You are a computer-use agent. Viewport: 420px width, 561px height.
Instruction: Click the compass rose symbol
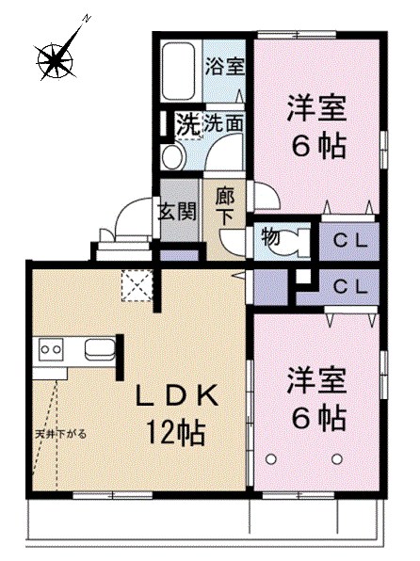(x=57, y=58)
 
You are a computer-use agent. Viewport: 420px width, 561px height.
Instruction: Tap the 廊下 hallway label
(x=225, y=205)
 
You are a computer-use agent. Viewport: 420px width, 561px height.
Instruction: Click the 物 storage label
(x=270, y=237)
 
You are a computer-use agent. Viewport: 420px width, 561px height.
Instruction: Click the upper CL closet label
(x=349, y=240)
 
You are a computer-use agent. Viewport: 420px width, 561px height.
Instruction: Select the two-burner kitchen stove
(x=50, y=350)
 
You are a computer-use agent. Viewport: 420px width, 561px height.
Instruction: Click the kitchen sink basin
(x=100, y=350)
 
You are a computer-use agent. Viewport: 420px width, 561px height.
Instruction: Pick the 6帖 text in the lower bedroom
(x=316, y=415)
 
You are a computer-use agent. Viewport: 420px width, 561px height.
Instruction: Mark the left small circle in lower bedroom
(x=273, y=458)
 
